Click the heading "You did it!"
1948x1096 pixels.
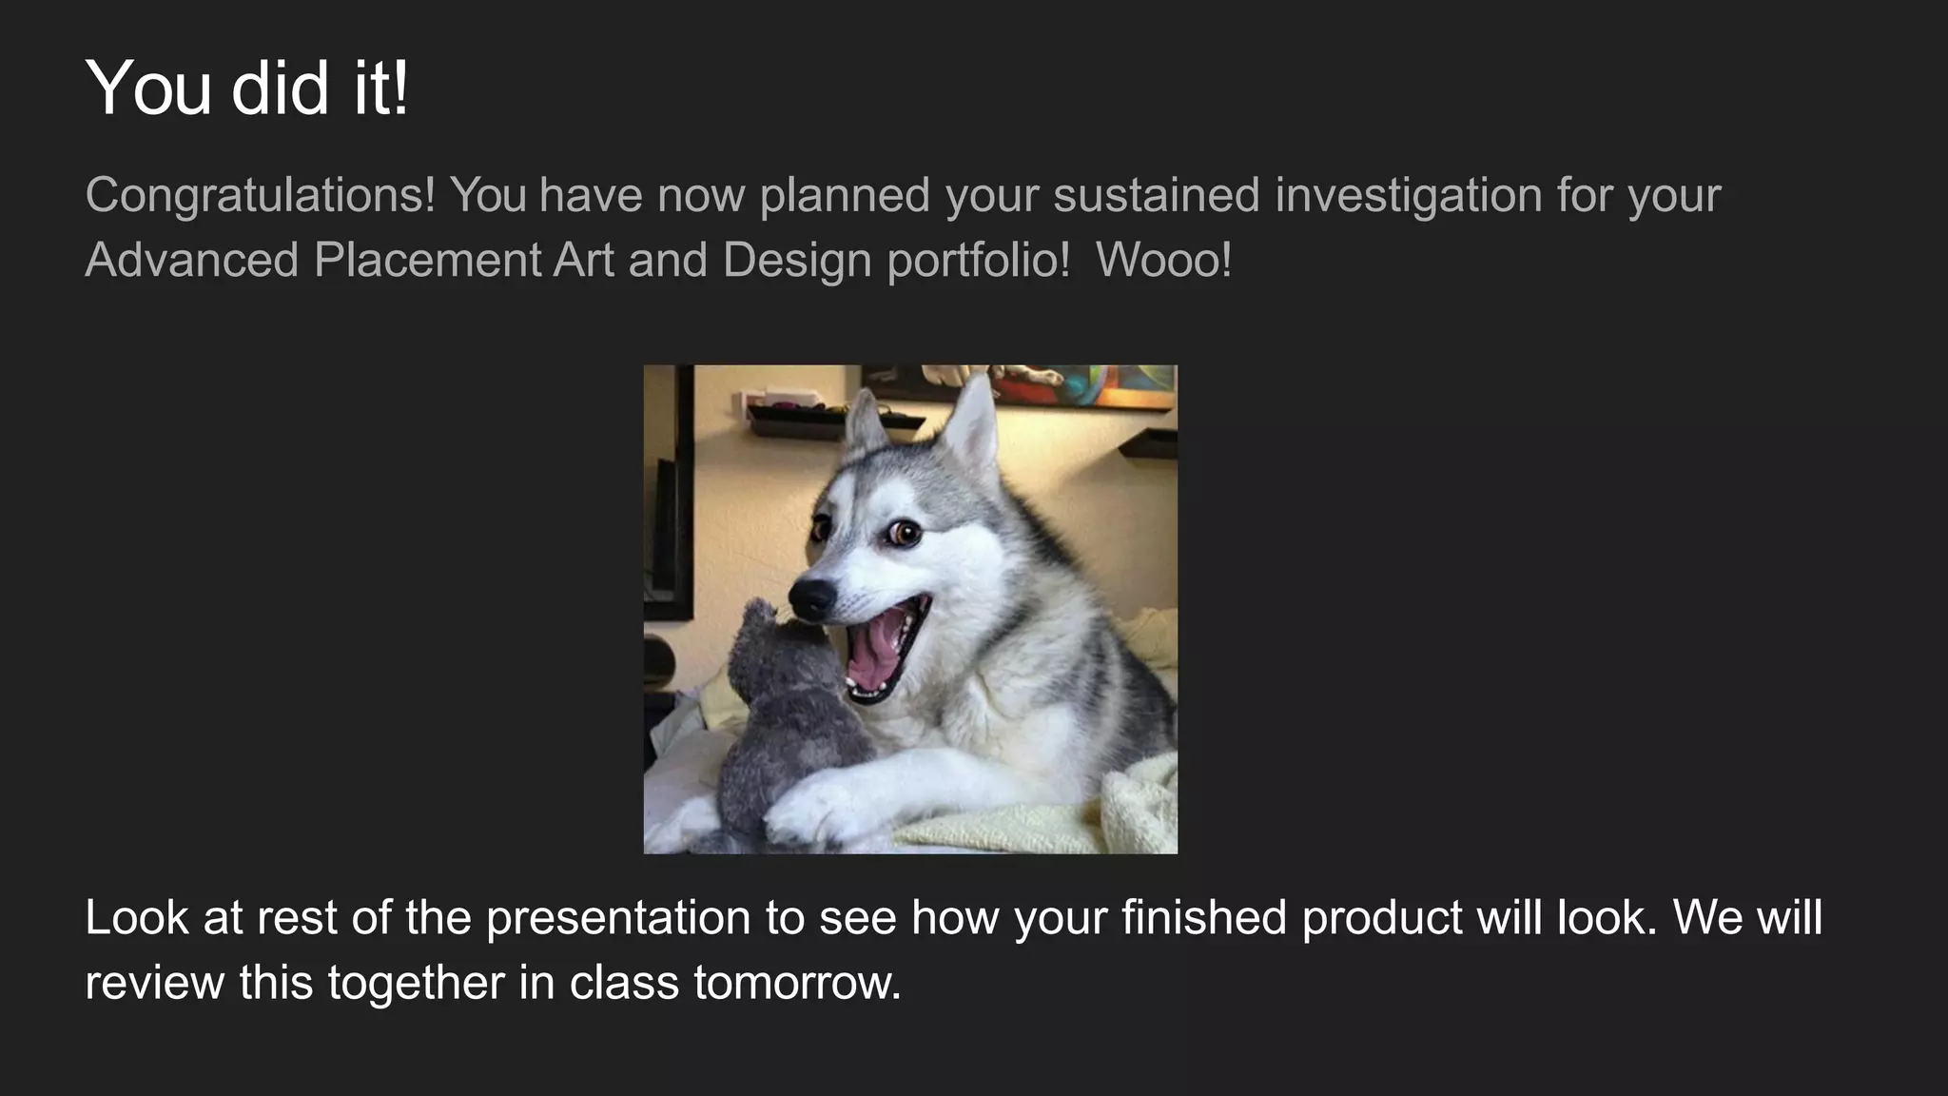pos(247,88)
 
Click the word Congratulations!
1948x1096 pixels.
pos(260,195)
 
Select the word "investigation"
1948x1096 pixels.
pos(1409,195)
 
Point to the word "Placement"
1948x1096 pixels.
pos(427,260)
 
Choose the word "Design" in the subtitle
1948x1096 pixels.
pos(797,260)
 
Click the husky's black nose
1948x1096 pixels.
pos(811,597)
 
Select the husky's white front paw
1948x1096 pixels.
pos(808,809)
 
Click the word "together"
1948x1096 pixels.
pos(416,983)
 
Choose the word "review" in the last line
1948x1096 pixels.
pos(154,983)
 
